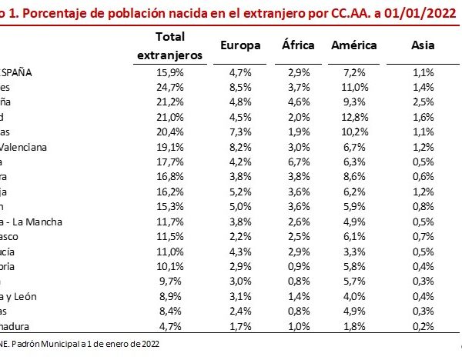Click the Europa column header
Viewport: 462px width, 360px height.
pos(239,46)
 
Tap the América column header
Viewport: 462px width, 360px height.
pos(353,46)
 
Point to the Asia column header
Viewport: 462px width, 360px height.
pos(422,46)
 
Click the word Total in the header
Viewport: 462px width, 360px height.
pos(169,37)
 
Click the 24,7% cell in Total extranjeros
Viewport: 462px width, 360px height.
pos(169,88)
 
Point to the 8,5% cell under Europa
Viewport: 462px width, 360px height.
pos(239,88)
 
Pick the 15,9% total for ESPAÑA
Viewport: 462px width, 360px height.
pos(169,73)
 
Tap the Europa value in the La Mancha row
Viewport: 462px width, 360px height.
pos(239,222)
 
